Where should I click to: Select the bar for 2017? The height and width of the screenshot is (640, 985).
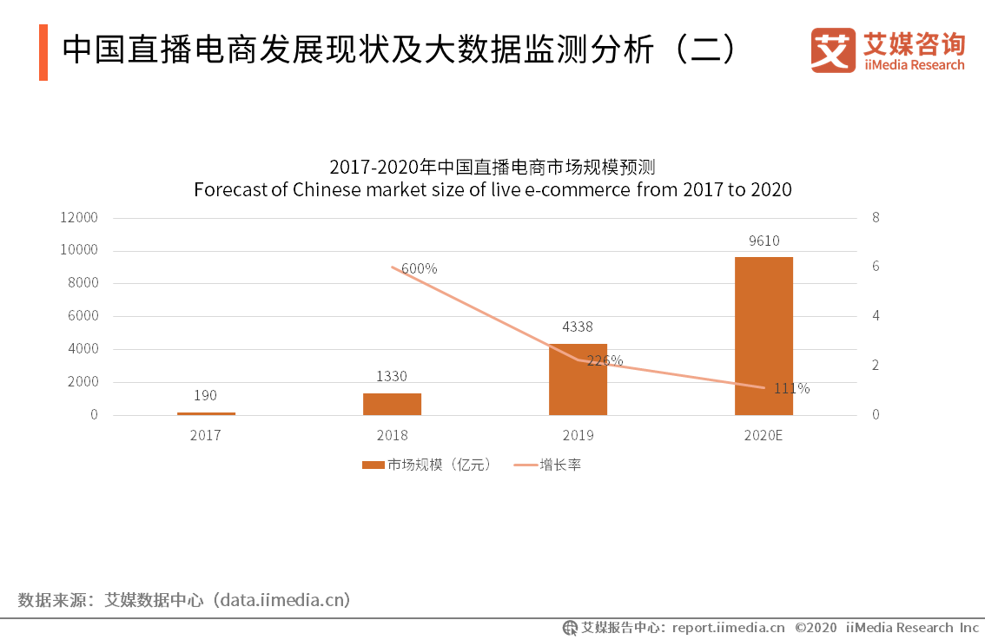206,413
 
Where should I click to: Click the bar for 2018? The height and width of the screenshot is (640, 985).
392,404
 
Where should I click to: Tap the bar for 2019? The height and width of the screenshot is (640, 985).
578,379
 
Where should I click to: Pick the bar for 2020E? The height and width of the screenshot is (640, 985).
764,336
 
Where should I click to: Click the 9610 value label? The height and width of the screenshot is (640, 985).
764,241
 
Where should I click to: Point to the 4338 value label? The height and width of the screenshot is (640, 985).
578,327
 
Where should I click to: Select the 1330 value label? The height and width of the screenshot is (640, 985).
392,376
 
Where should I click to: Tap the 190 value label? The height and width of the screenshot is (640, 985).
206,395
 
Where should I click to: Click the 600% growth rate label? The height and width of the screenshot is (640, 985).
420,268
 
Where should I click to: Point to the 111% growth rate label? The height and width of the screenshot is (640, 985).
791,388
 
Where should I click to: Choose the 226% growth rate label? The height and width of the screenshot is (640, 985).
605,360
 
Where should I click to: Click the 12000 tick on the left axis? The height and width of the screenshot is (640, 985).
79,217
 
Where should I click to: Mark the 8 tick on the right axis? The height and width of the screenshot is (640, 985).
876,217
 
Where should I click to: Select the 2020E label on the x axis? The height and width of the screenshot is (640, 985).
764,435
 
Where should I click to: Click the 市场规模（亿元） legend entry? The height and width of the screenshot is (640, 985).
427,465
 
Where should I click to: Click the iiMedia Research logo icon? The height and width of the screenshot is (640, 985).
833,50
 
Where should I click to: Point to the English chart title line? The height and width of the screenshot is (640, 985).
492,189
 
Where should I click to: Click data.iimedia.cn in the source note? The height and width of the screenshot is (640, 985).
284,600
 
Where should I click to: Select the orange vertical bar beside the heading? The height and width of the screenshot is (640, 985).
43,52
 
